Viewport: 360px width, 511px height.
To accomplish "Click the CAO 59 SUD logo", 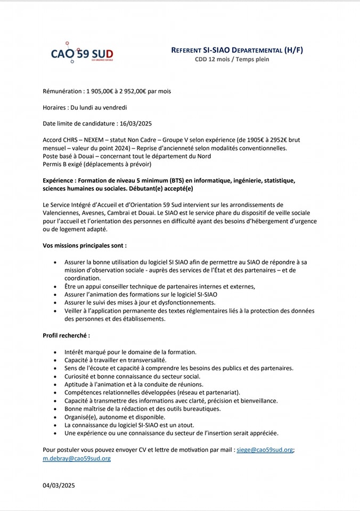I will click(82, 53).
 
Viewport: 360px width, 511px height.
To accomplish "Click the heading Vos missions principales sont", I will click(85, 246).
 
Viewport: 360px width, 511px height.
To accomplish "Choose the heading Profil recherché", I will click(66, 336).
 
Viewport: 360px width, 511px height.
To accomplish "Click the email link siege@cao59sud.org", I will click(265, 450).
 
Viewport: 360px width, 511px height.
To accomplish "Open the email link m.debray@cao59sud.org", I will click(77, 458).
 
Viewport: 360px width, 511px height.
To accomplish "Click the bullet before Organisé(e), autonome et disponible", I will click(56, 417).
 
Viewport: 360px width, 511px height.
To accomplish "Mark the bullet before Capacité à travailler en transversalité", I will click(56, 360).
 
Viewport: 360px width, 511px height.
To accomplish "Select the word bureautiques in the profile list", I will click(201, 409).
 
